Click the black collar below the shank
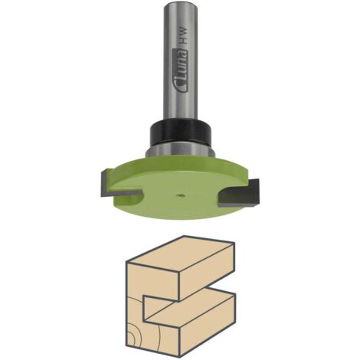(x=180, y=132)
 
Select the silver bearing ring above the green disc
(x=180, y=150)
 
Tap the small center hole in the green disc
(x=180, y=196)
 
